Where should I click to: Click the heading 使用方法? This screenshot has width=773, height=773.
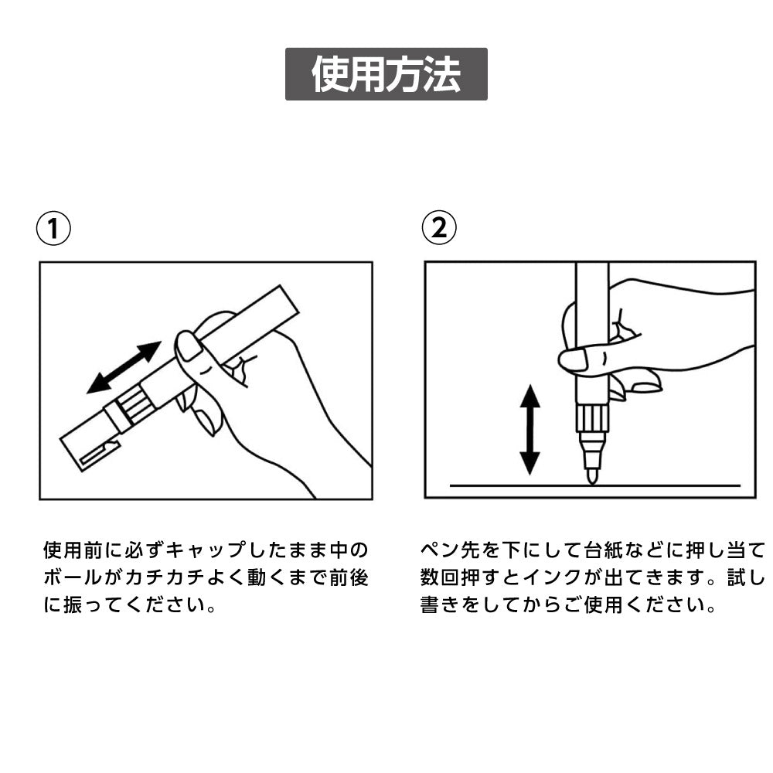386,74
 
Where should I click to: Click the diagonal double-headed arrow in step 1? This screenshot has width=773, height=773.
124,367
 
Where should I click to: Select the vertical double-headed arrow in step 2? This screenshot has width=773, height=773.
530,430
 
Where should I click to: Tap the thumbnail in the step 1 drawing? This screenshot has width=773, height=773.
189,346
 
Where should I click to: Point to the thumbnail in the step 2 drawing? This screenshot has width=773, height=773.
573,359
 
